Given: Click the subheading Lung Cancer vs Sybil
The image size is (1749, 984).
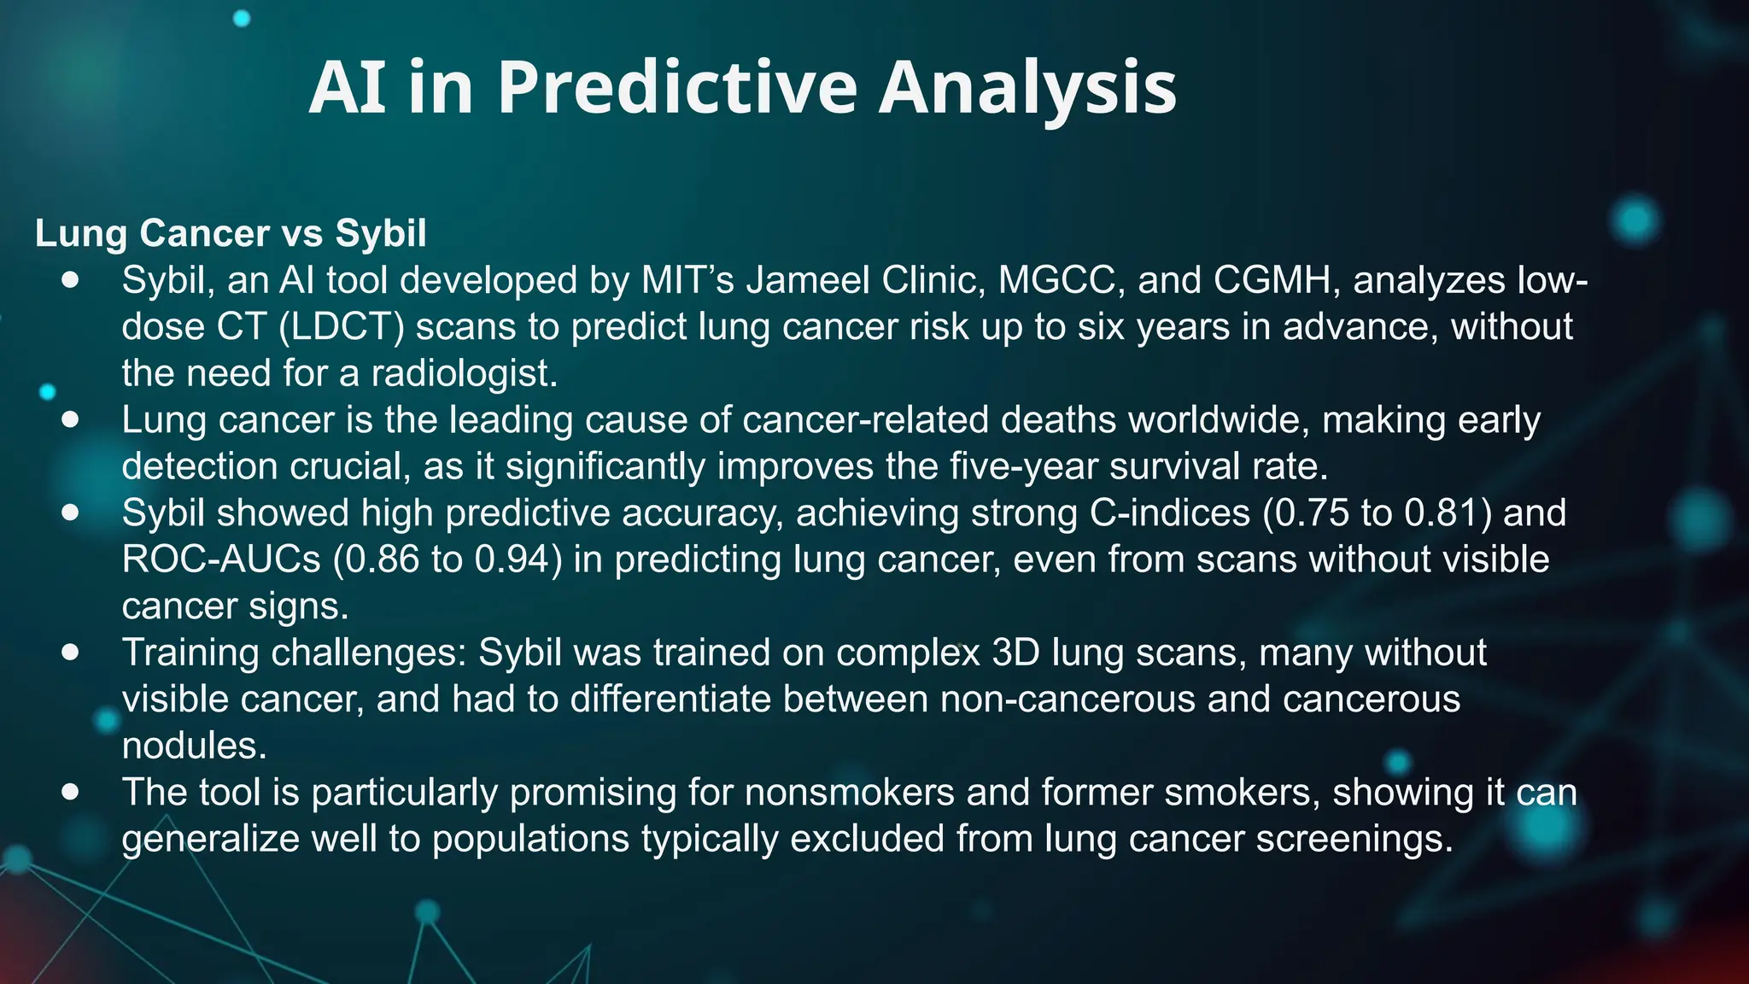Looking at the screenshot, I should [231, 233].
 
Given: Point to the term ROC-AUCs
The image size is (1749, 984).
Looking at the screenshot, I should [221, 559].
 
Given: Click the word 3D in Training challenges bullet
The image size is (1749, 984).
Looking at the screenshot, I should [1016, 653].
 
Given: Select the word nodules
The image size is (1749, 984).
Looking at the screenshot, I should [195, 746].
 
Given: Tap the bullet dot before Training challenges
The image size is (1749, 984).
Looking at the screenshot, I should [71, 653].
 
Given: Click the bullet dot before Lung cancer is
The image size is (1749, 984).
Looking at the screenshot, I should [71, 419].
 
